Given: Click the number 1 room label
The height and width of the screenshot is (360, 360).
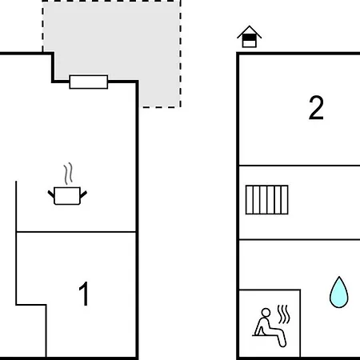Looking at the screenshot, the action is pos(84,294).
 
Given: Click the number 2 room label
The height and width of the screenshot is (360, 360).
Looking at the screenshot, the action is pos(316,108).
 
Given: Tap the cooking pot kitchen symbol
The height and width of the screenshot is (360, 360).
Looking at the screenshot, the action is pos(67,196).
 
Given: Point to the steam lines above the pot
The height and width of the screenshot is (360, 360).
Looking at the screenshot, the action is pos(68,174).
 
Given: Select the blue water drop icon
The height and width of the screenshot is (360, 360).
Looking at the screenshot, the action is pos(339,293).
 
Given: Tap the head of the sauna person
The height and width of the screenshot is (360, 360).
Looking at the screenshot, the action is pos(266,313).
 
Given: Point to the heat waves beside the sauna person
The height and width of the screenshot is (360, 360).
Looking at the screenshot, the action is pos(283,314).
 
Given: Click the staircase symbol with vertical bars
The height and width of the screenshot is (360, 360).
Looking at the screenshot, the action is pos(267,200).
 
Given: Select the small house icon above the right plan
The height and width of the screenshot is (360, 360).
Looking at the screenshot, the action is pos(250,37).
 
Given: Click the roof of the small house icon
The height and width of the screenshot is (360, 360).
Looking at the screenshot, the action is pos(250,31).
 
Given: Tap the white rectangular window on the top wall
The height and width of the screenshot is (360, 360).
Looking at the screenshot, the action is pos(89,82).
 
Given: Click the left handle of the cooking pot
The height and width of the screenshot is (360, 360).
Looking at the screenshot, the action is pos(51,194).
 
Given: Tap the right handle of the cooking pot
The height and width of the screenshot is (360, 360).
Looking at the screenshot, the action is pos(83,194).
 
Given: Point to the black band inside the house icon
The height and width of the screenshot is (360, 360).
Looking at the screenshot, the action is pos(250,38).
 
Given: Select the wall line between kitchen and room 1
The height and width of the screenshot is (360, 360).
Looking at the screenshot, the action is pos(76,232).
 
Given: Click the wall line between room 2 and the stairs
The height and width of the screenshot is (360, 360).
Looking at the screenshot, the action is pos(299,166).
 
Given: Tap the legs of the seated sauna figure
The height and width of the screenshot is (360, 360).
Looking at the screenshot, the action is pos(278,337).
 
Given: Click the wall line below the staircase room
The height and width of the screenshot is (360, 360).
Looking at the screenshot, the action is pos(299,240).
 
